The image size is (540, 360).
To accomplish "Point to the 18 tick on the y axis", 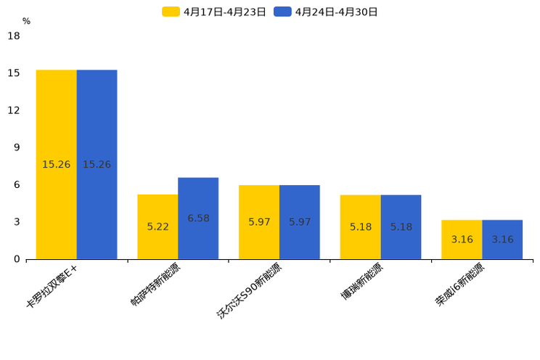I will (14, 36).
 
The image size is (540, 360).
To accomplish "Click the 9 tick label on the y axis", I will (17, 147).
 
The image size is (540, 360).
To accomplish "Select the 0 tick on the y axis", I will (17, 259).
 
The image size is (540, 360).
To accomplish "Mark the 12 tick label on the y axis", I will (14, 110).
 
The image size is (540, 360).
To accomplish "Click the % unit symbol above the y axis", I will (26, 21).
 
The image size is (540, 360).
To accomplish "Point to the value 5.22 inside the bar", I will (157, 226).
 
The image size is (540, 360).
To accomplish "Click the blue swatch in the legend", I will (282, 12).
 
